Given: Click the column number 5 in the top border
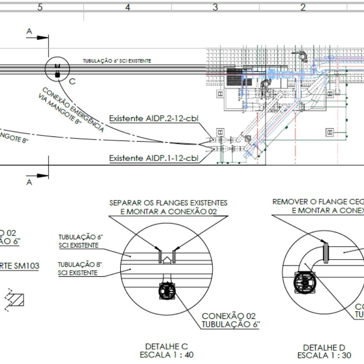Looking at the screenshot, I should click(40, 7).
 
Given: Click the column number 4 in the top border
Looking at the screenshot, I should click(127, 7).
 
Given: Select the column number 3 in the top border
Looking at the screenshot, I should click(215, 7).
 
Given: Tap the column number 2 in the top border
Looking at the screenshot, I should click(303, 7).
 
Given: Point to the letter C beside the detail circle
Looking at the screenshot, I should click(72, 82).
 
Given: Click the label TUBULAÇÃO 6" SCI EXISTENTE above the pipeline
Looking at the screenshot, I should click(117, 61).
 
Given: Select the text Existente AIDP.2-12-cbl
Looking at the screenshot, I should click(153, 119).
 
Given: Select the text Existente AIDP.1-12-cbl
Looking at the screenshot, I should click(153, 158).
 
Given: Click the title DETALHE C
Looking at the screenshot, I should click(166, 346).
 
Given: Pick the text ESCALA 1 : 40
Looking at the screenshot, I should click(166, 355).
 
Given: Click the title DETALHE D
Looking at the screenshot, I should click(324, 347).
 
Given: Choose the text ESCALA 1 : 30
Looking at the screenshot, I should click(324, 355).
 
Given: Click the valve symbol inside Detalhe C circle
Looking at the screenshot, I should click(168, 292).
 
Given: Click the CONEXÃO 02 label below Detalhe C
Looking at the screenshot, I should click(229, 316).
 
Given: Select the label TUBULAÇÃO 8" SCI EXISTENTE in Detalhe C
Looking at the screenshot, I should click(78, 269).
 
